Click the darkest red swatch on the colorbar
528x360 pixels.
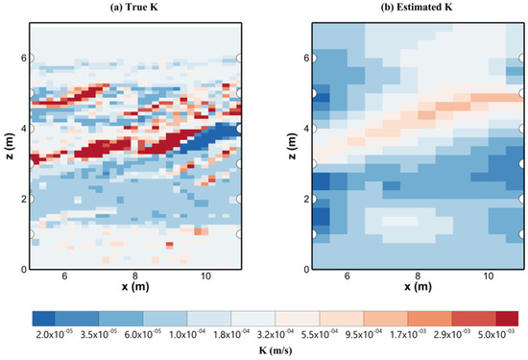[x=508, y=317]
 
